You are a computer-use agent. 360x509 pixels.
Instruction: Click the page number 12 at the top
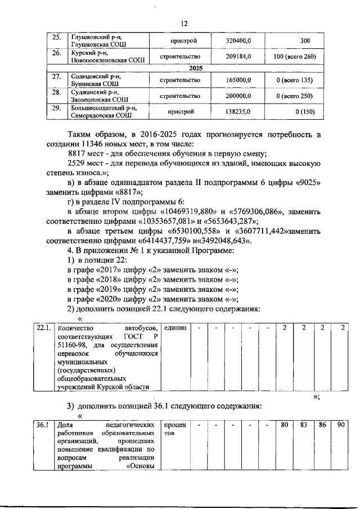pos(183,24)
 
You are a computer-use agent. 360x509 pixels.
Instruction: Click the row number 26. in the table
pos(56,54)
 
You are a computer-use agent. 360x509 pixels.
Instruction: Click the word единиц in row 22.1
pos(175,328)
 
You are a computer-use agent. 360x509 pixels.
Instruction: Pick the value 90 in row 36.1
pos(340,425)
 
